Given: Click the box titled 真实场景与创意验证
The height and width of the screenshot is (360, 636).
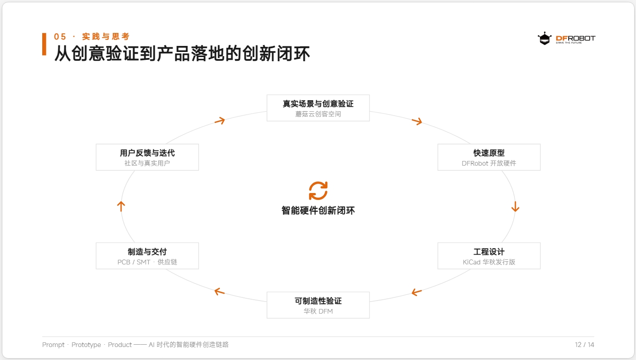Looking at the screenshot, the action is (318, 108).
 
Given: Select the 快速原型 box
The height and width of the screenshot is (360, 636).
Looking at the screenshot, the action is (489, 157).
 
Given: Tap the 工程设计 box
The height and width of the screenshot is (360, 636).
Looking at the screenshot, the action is (489, 256).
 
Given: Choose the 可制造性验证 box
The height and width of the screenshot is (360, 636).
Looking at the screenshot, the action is (318, 305).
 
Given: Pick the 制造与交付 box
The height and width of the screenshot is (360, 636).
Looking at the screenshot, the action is (148, 256).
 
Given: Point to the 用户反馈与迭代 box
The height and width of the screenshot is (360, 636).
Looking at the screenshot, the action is (148, 157).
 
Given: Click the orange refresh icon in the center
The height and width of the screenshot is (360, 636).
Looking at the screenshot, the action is (318, 191).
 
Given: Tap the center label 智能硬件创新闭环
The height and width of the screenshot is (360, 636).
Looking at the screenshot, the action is (318, 210).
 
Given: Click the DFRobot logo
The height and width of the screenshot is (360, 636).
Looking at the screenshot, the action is (566, 39).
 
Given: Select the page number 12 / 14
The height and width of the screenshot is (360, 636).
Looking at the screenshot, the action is (585, 345).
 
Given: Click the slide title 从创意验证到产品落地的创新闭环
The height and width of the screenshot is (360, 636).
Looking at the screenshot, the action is (182, 53).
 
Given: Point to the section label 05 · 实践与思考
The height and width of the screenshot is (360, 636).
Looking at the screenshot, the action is (92, 37).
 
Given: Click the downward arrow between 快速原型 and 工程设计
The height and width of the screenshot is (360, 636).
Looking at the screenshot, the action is (515, 206).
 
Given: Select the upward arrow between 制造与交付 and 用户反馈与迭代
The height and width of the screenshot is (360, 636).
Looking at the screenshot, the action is (121, 206).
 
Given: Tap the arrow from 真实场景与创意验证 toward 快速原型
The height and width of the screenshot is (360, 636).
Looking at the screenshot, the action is (417, 121).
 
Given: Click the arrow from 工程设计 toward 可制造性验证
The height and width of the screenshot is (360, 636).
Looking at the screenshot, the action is (417, 292).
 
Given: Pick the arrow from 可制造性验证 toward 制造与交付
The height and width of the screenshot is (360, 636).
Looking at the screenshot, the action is (219, 291).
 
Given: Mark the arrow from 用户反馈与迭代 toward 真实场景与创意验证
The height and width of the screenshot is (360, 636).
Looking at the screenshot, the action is (220, 121).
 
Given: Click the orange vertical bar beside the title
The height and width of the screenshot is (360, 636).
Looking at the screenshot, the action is (44, 44).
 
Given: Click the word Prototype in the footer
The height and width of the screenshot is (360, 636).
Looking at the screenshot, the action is (86, 345).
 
